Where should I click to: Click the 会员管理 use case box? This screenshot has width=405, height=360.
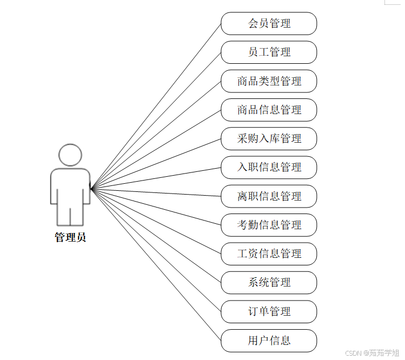click(269, 24)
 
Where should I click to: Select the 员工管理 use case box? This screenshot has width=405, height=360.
click(269, 52)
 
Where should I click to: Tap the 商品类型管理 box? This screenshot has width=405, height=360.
click(269, 81)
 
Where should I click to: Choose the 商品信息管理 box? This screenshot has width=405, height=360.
click(269, 110)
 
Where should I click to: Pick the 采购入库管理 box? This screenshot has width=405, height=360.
click(269, 139)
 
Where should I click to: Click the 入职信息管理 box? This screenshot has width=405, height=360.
click(269, 168)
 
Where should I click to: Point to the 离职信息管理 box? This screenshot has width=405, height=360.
click(269, 196)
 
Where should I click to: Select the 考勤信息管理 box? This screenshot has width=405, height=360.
click(269, 225)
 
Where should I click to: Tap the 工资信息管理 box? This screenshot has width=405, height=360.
click(269, 254)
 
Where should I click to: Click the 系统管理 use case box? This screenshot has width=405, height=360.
click(269, 283)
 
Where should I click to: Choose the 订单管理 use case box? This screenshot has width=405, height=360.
click(269, 311)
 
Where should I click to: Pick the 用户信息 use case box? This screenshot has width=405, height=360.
click(269, 341)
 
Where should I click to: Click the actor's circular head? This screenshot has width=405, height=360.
click(70, 155)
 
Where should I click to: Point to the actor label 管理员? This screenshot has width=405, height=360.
click(70, 237)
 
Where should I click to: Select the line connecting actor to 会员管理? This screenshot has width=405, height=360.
click(156, 106)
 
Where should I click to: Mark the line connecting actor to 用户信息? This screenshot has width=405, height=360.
click(156, 265)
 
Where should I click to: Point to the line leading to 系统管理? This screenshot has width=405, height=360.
click(156, 236)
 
